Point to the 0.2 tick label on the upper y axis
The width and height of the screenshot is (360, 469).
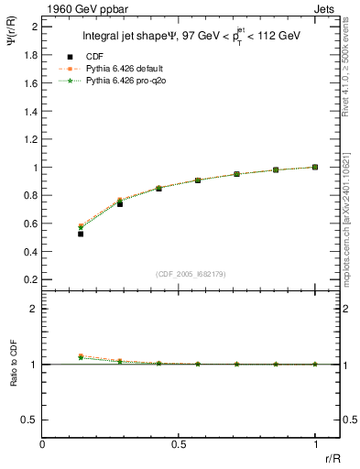coord(31,278)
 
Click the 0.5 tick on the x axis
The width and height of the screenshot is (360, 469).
coord(179,444)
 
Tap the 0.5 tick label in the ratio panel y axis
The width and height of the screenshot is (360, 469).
coord(31,420)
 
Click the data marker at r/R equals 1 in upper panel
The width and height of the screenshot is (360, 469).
coord(315,167)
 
